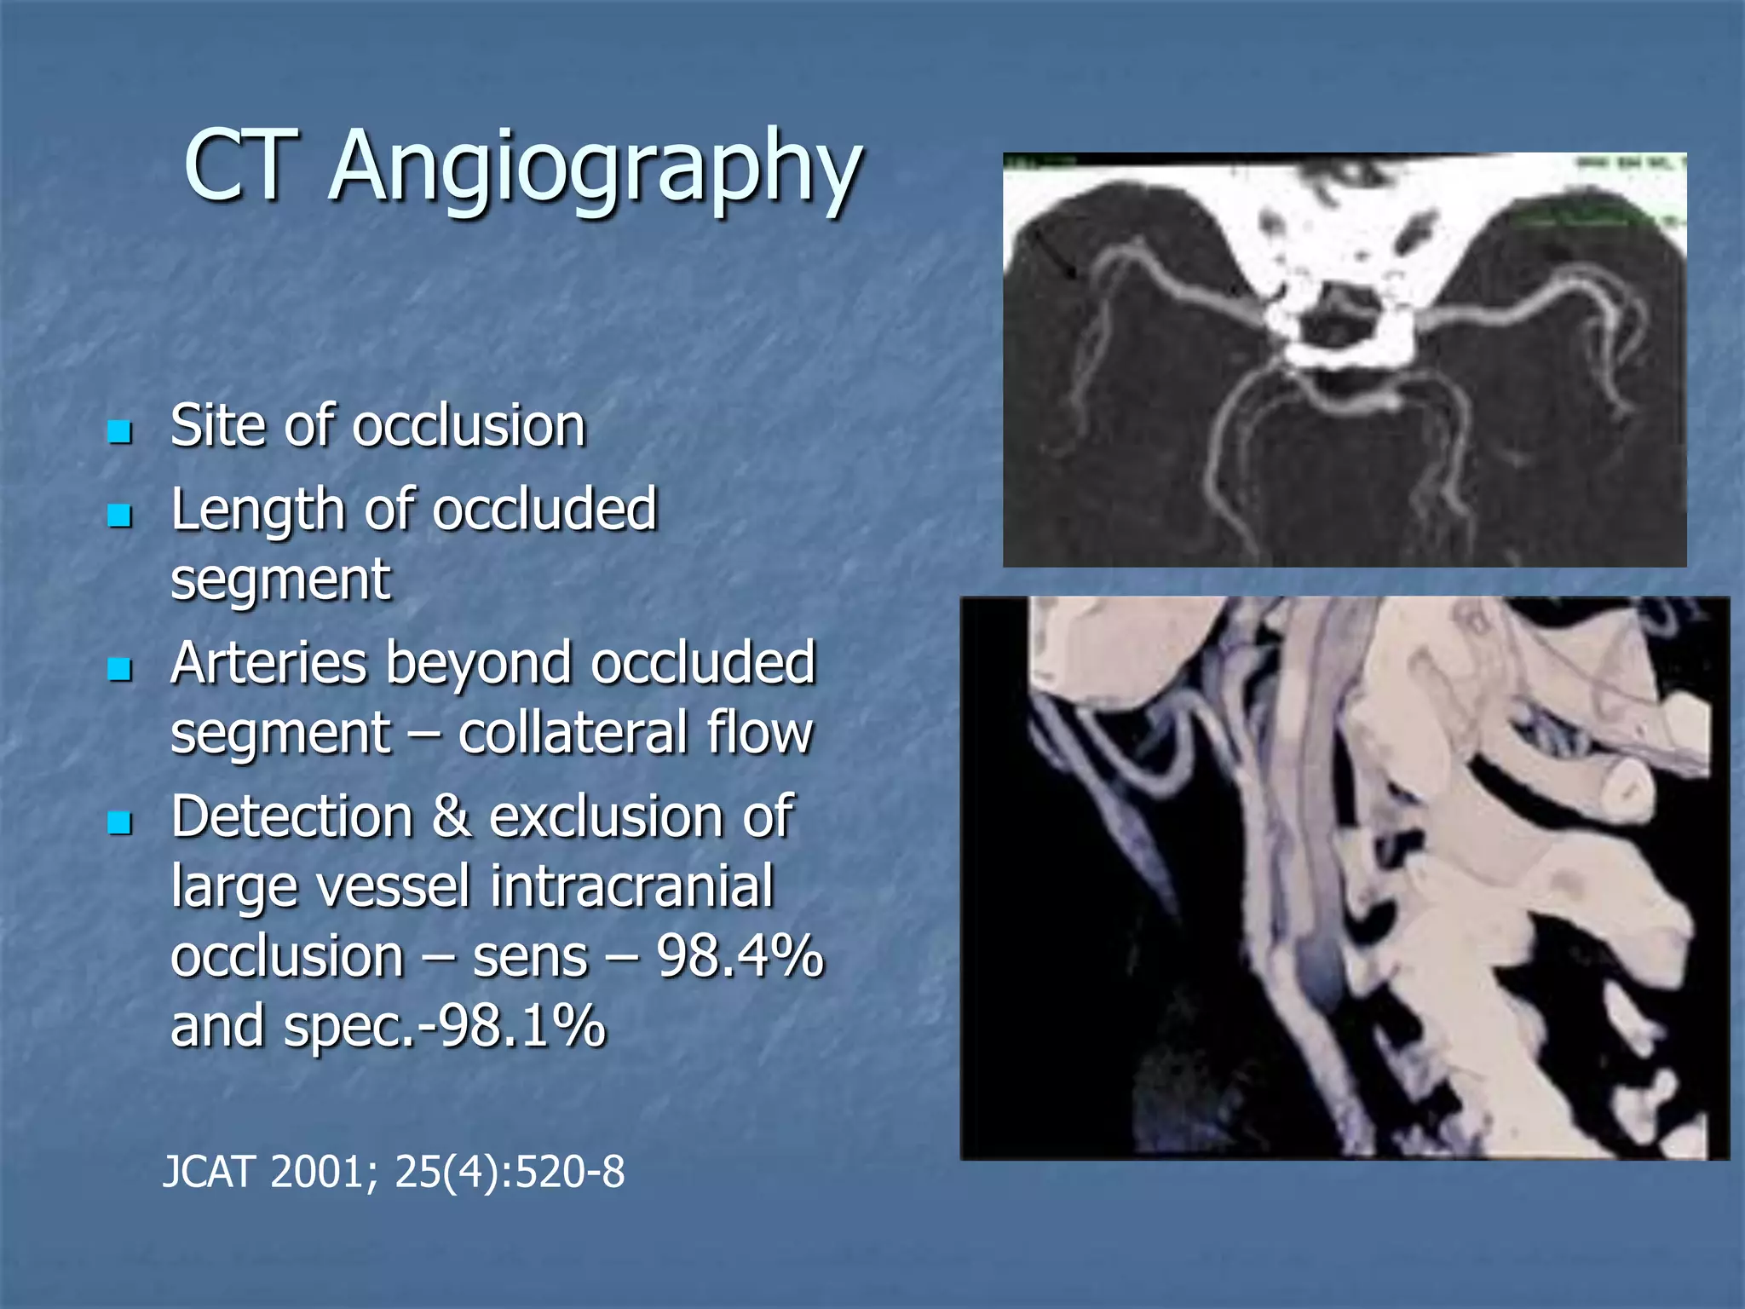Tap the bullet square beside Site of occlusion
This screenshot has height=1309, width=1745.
[x=120, y=431]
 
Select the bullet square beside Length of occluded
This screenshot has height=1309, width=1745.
[x=120, y=515]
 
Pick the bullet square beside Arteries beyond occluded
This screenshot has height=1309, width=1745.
[x=120, y=669]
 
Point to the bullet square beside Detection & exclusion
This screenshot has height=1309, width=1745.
[x=120, y=822]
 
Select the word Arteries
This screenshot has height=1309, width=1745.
[x=268, y=663]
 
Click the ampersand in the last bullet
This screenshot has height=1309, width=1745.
[x=451, y=817]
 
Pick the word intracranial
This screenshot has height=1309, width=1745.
[x=632, y=886]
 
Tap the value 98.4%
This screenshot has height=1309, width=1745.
[x=740, y=956]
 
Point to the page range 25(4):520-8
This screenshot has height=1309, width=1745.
[x=510, y=1173]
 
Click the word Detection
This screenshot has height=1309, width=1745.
[x=291, y=817]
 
